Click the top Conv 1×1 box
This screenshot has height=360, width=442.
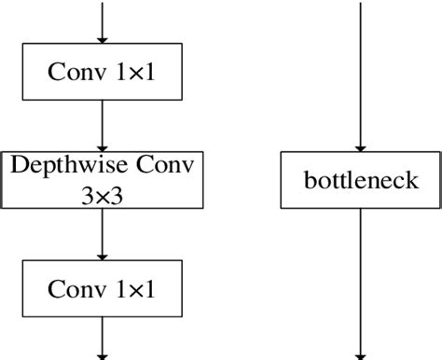103,71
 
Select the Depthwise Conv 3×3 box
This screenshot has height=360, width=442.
103,180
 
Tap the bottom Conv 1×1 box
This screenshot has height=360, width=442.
103,290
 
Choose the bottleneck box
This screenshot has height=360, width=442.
361,180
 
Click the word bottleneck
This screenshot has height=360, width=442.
361,180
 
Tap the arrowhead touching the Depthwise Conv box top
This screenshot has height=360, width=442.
103,145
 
